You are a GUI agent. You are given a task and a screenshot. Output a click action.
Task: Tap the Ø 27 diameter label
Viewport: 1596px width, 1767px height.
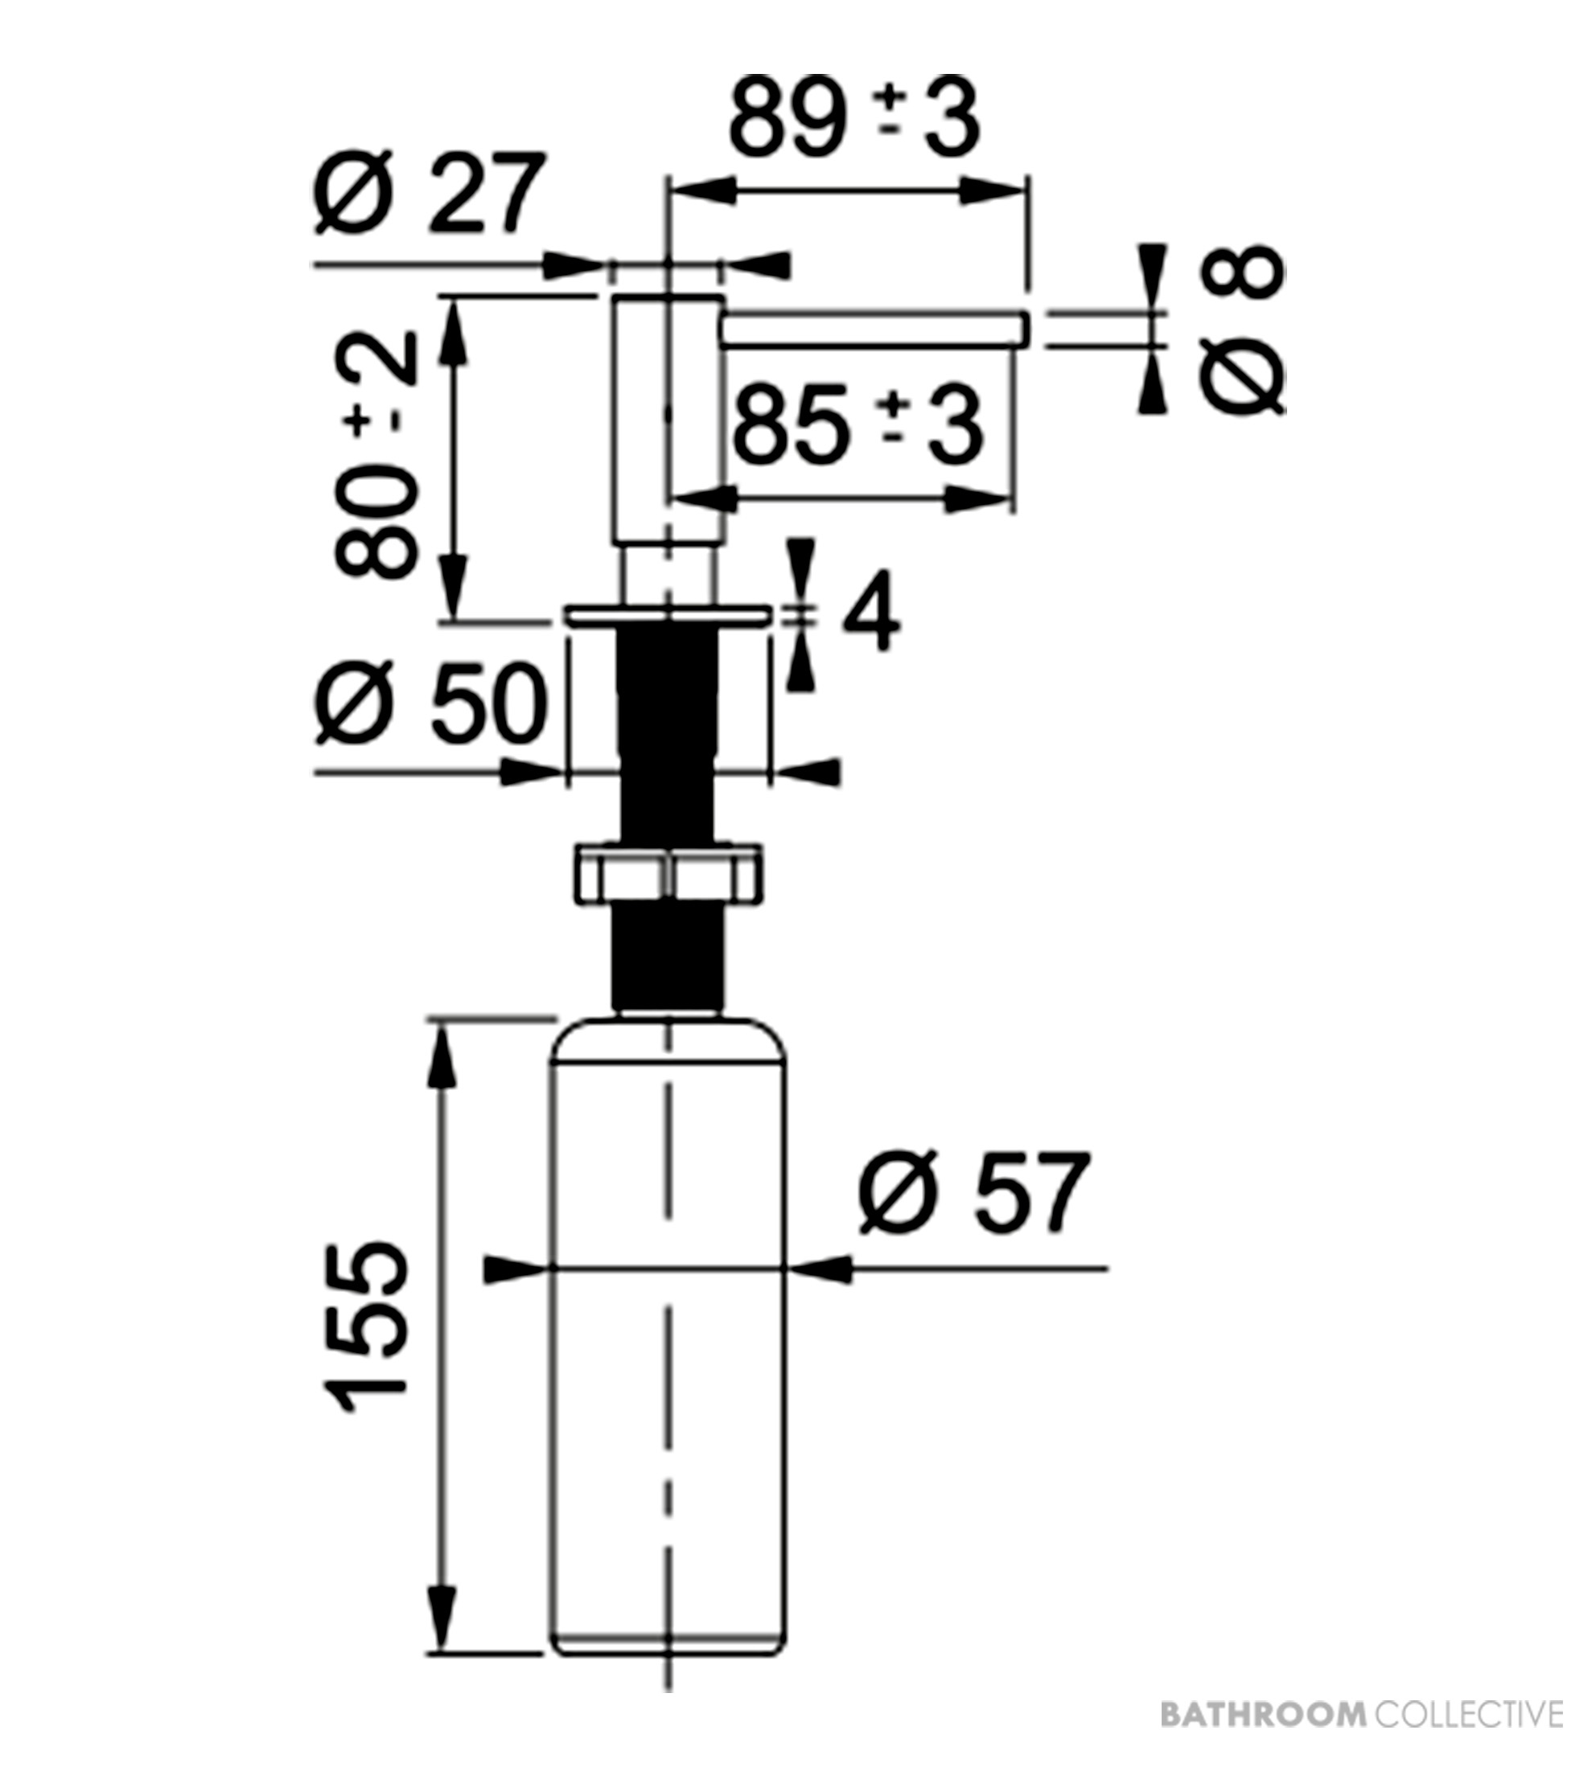click(x=430, y=194)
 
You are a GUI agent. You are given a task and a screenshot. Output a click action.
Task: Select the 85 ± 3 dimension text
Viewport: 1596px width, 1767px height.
click(x=857, y=428)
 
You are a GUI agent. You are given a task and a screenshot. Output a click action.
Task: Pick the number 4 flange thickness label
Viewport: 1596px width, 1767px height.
click(x=870, y=612)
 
